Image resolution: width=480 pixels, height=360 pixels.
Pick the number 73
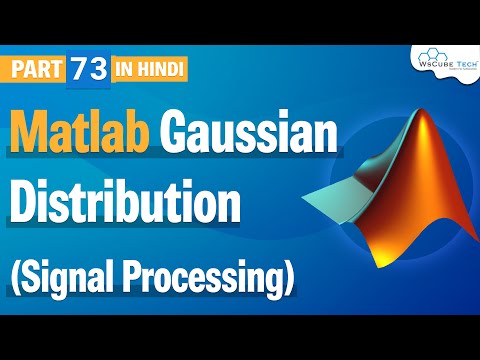(x=84, y=69)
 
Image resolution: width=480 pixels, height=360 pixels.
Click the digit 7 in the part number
(x=77, y=69)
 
